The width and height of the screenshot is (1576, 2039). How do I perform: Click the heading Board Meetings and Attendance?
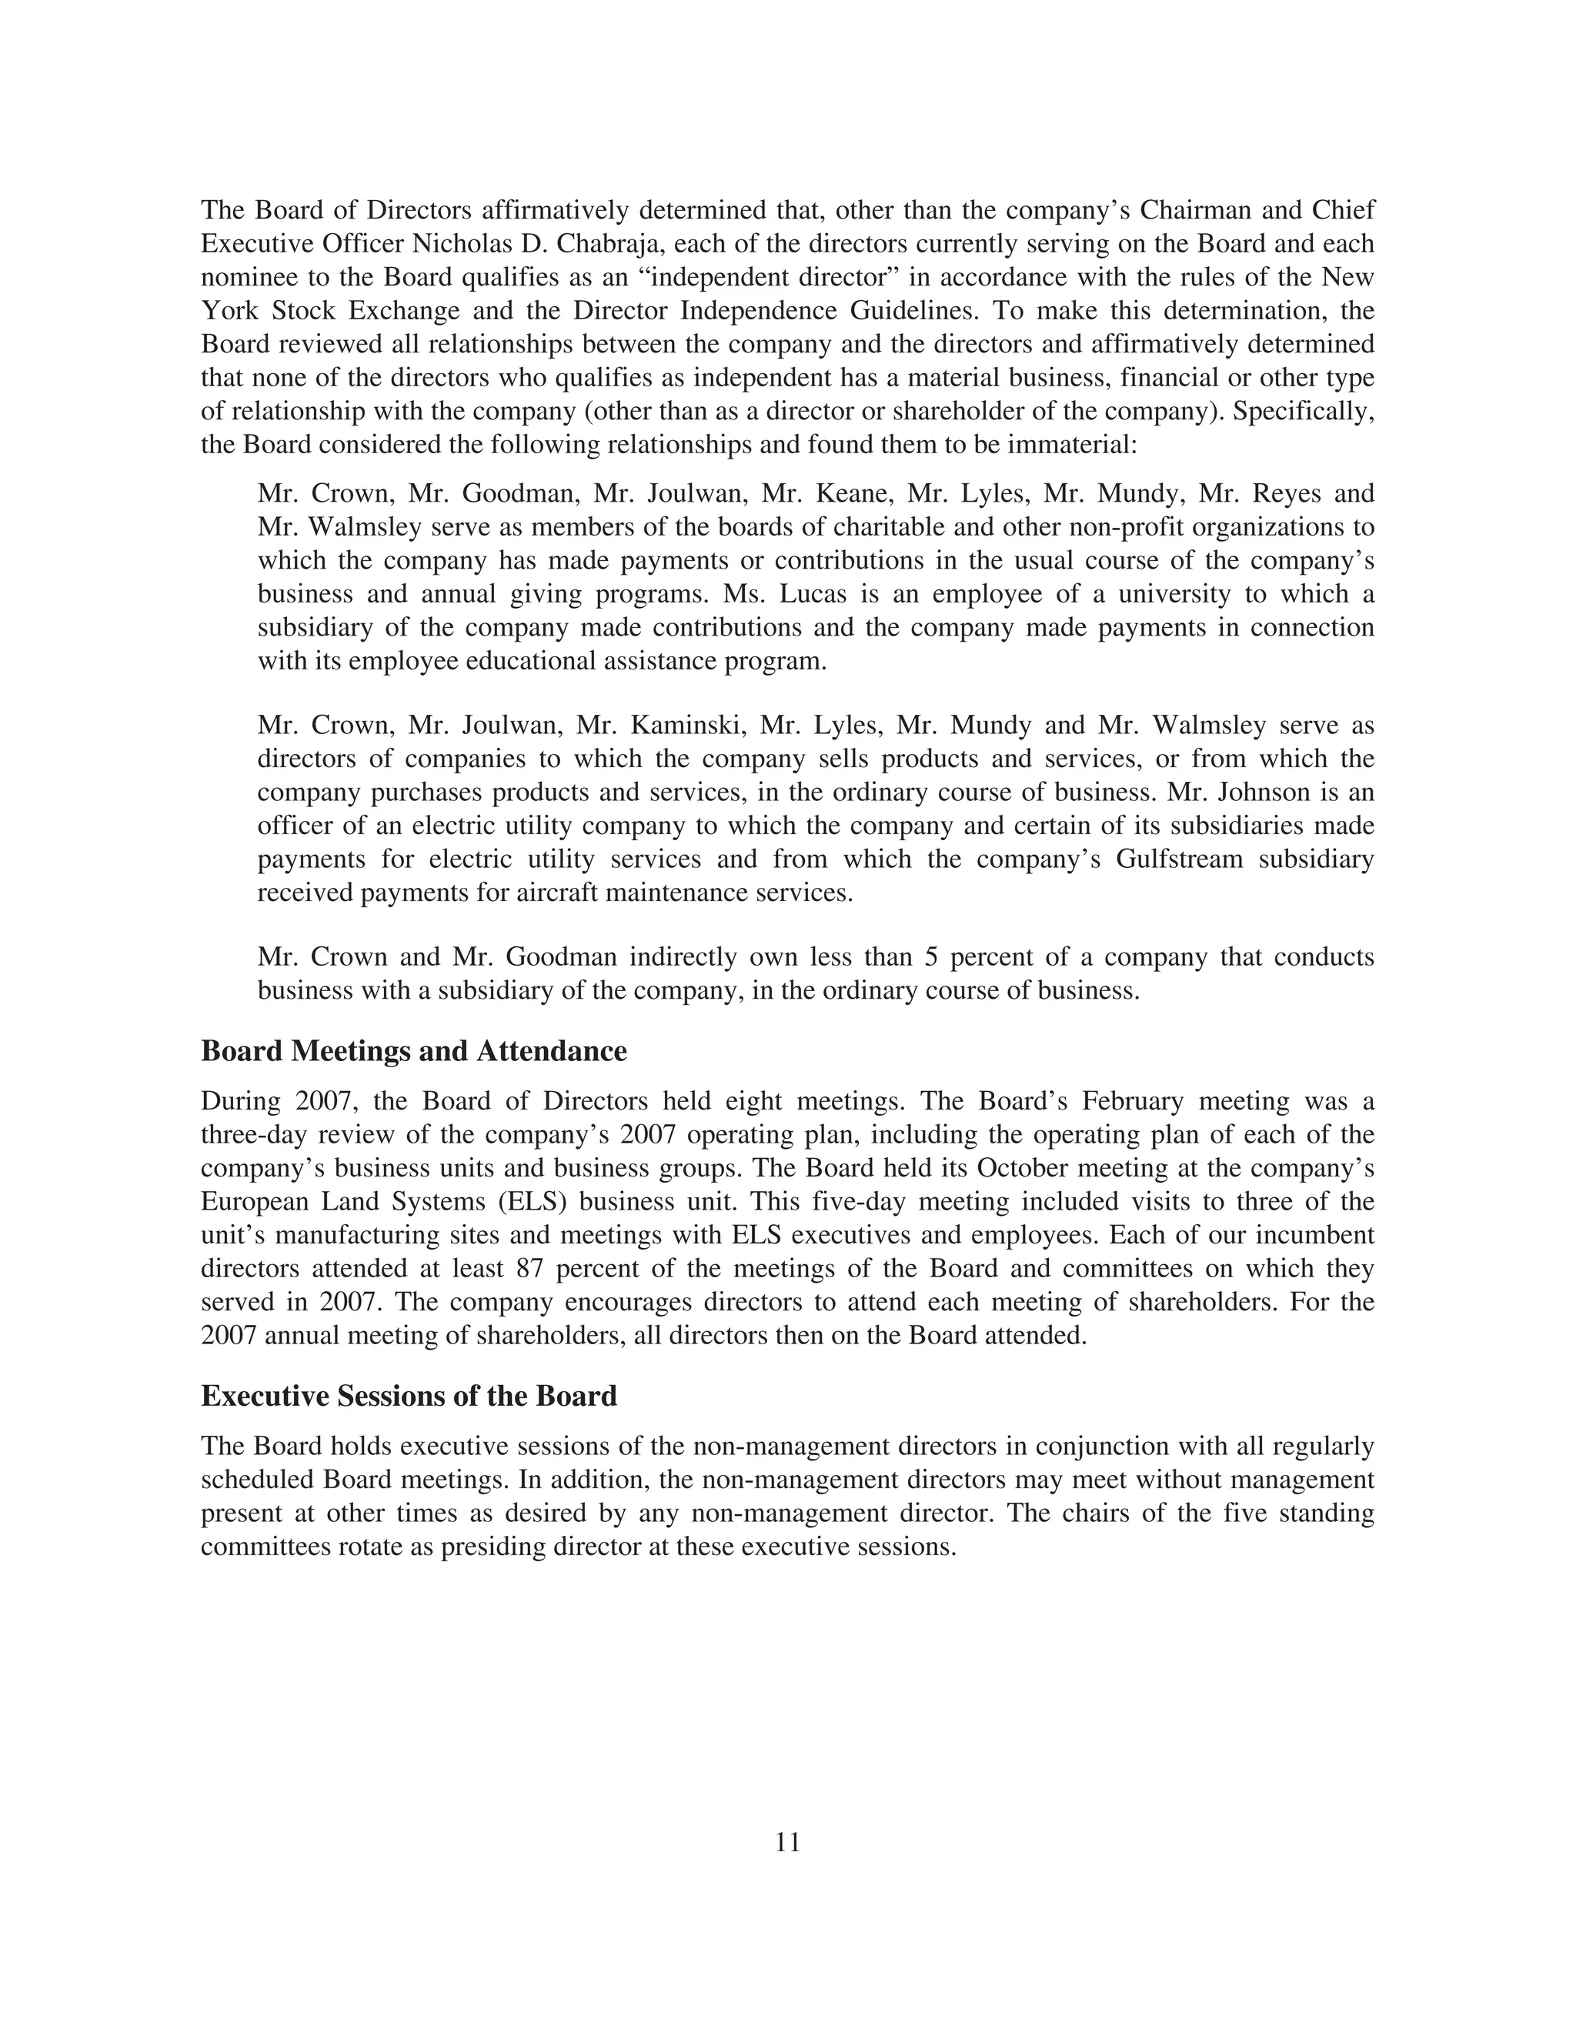pos(413,1051)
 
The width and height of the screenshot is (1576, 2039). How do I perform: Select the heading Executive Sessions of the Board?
pos(409,1396)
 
